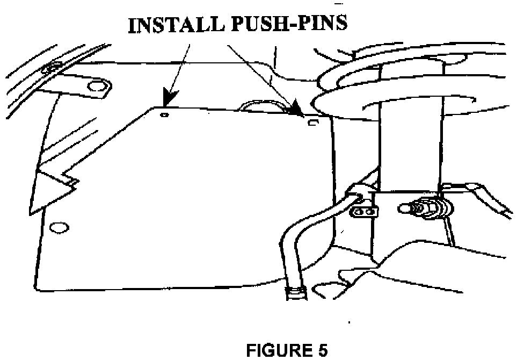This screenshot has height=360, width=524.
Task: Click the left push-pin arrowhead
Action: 171,100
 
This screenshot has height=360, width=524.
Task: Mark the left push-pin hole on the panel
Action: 165,114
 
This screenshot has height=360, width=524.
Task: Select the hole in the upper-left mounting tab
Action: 97,86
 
